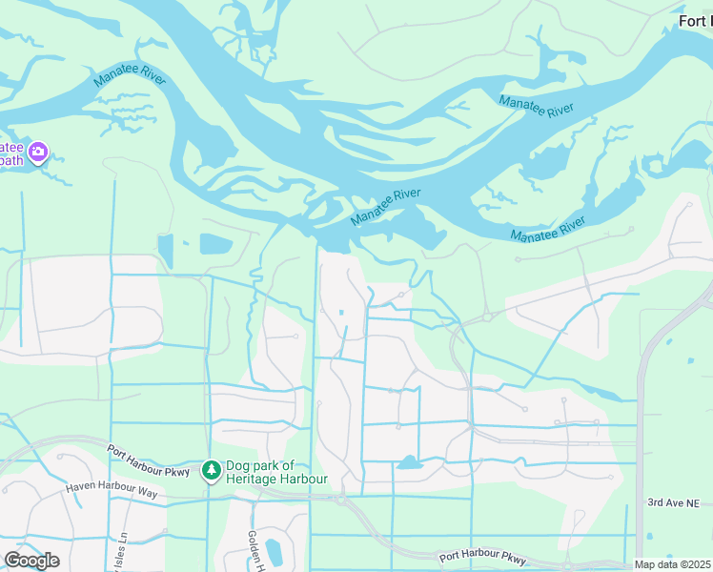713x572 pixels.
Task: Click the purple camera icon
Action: (38, 153)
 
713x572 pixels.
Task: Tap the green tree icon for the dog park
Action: (211, 471)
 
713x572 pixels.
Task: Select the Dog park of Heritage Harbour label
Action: (275, 473)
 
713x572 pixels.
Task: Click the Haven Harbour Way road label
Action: (112, 490)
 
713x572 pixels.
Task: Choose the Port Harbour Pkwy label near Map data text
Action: (482, 558)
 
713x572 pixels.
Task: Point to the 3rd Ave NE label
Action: (673, 502)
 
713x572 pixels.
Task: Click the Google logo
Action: (31, 561)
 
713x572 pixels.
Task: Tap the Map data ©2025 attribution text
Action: (673, 564)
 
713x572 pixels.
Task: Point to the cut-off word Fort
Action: (695, 21)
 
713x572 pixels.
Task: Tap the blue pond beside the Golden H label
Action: (274, 551)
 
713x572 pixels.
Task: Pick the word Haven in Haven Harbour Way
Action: (82, 487)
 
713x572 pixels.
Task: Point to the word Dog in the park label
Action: (236, 466)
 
